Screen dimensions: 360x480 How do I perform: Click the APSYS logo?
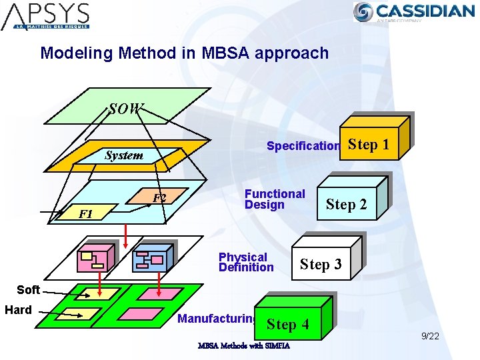pos(45,16)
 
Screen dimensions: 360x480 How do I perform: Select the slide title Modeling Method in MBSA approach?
pos(184,53)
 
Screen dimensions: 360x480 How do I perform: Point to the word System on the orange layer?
pos(123,155)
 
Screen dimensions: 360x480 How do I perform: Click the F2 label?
pos(159,198)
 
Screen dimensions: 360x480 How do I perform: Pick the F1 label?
pos(85,214)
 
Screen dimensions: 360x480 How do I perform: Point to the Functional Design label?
pos(275,199)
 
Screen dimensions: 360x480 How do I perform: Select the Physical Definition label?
pos(246,262)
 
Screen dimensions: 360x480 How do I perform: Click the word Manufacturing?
pos(217,319)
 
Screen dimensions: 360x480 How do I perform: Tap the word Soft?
pos(28,289)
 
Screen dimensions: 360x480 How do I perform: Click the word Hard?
pos(18,310)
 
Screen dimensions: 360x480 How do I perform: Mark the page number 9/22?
pos(429,336)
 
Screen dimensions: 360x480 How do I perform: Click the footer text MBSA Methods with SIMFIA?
pos(243,346)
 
